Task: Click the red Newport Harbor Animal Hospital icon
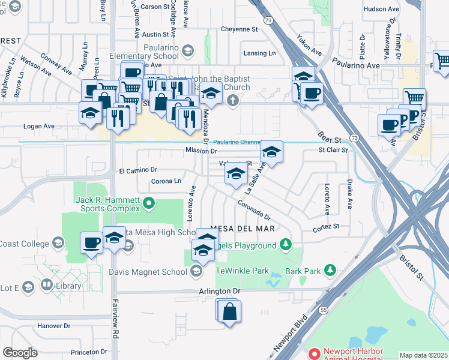pyautogui.click(x=313, y=355)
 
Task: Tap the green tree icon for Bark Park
pyautogui.click(x=329, y=271)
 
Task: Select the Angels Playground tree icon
pyautogui.click(x=286, y=245)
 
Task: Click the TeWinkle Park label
pyautogui.click(x=243, y=271)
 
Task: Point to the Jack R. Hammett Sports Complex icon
pyautogui.click(x=149, y=206)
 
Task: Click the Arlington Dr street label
pyautogui.click(x=220, y=291)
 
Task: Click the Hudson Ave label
pyautogui.click(x=382, y=9)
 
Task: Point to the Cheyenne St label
pyautogui.click(x=239, y=29)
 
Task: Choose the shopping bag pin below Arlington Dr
pyautogui.click(x=230, y=312)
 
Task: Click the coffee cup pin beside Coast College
pyautogui.click(x=92, y=243)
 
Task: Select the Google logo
pyautogui.click(x=20, y=352)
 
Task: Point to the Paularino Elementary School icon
pyautogui.click(x=188, y=52)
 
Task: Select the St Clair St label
pyautogui.click(x=333, y=150)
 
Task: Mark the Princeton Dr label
pyautogui.click(x=88, y=352)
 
